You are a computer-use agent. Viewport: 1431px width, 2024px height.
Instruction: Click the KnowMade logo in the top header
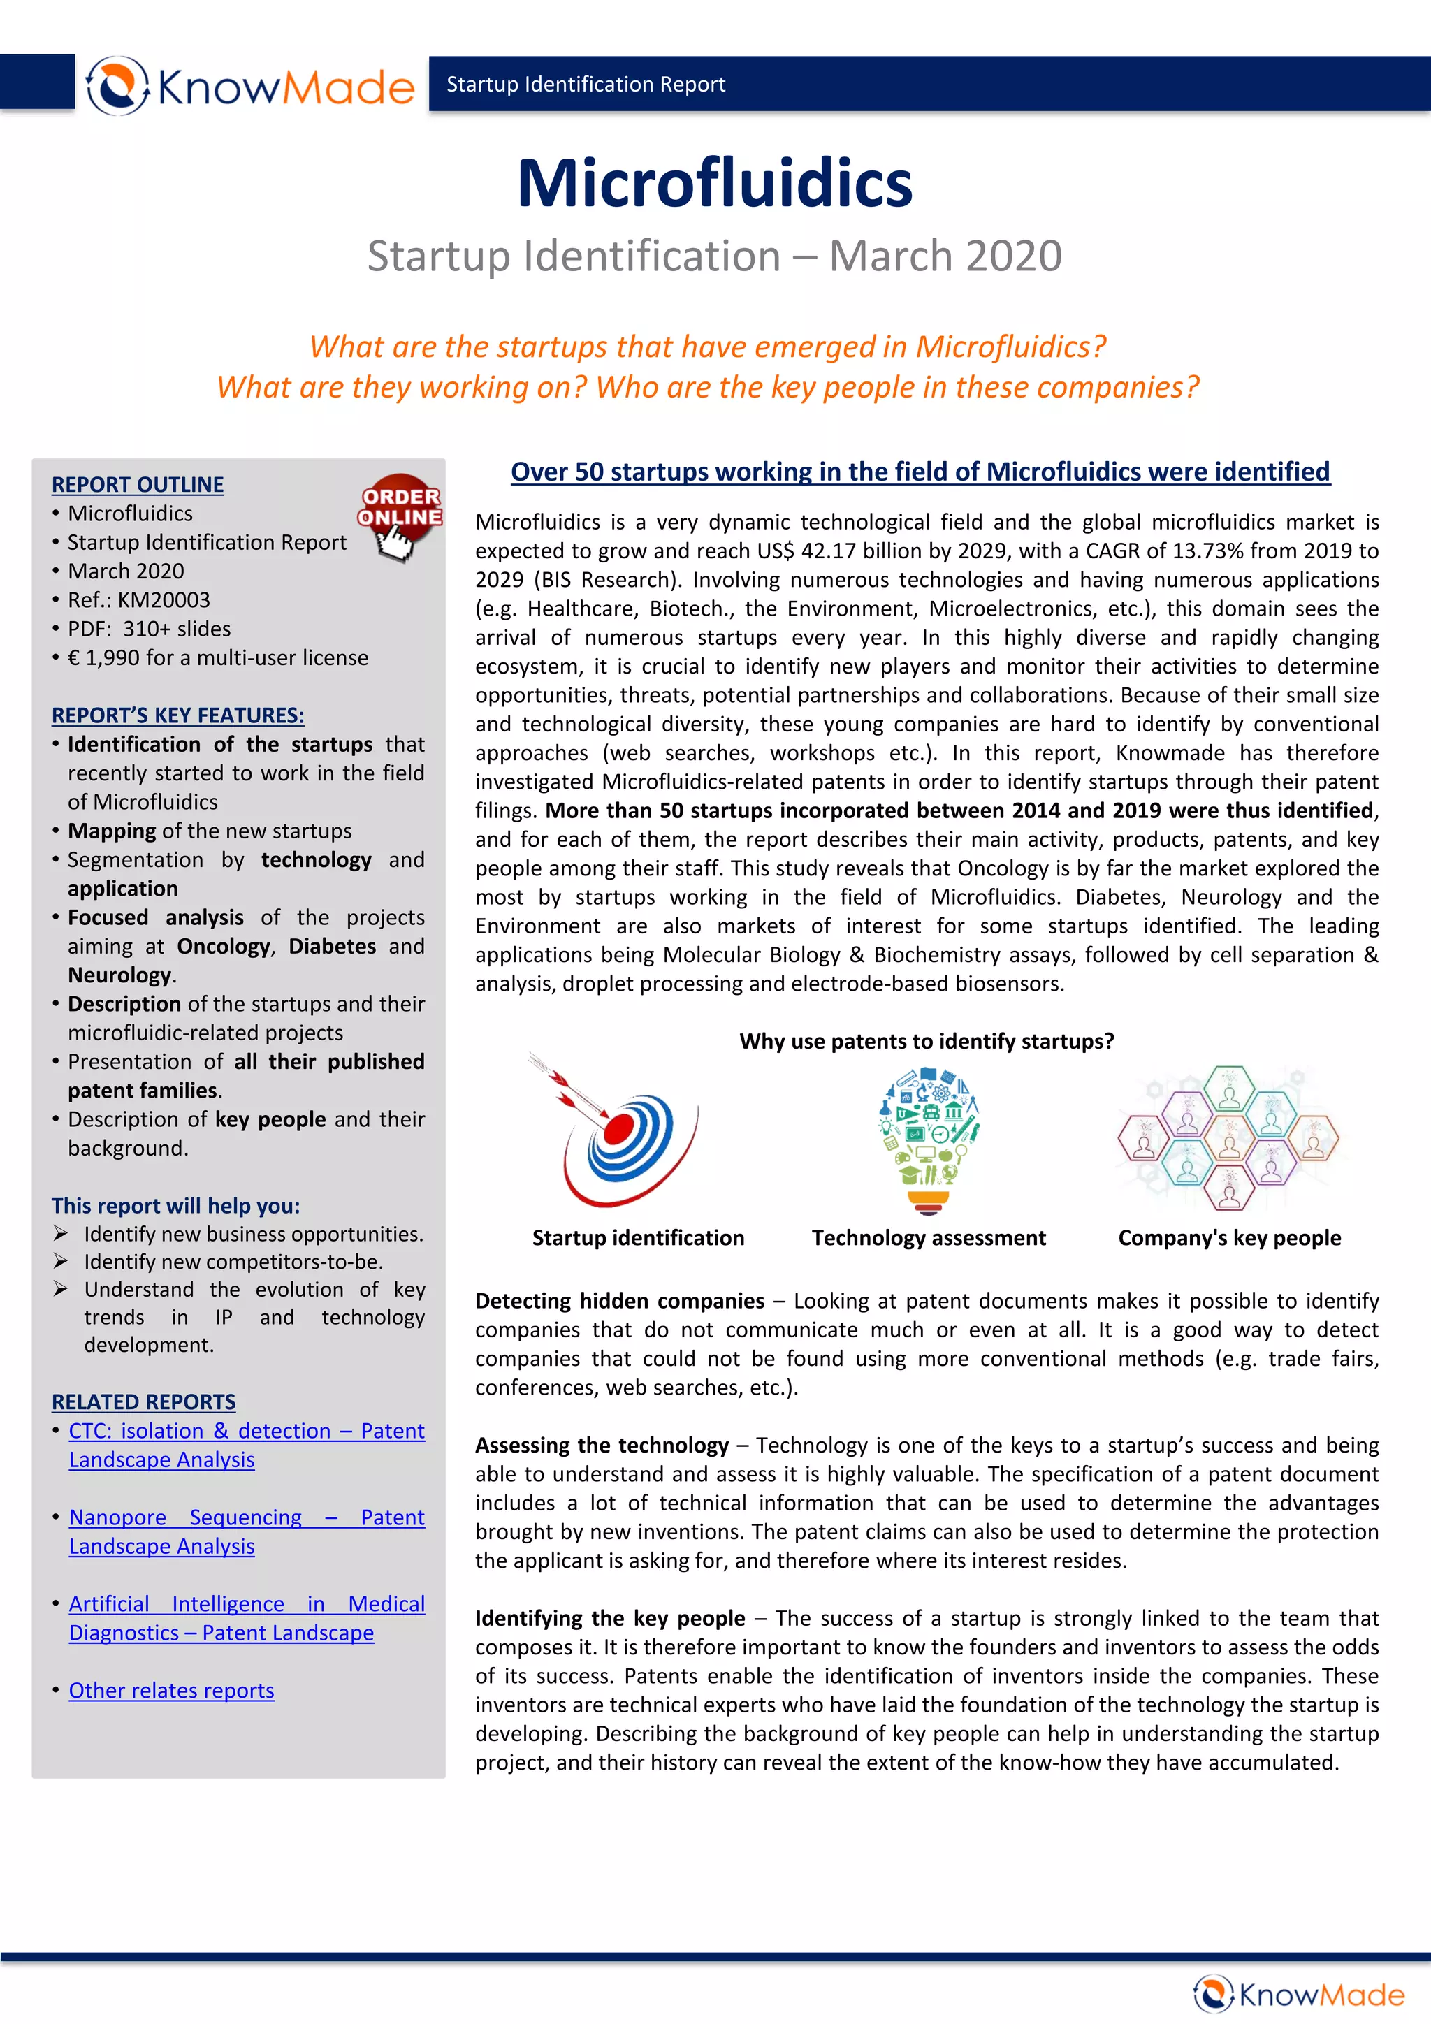coord(250,85)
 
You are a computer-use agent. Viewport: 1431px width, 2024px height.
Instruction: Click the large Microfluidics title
coord(714,183)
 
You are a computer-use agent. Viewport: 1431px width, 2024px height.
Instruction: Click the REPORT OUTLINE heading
coord(138,485)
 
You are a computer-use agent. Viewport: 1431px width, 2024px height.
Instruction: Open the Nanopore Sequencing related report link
coord(246,1532)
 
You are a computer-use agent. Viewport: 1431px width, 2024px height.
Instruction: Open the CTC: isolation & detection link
coord(246,1445)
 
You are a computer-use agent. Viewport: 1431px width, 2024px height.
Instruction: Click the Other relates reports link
coord(171,1691)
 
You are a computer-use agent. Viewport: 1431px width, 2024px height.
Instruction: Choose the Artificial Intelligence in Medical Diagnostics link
coord(246,1619)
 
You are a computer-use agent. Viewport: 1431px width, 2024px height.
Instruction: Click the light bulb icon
coord(929,1138)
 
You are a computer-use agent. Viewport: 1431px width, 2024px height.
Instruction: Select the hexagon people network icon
coord(1228,1137)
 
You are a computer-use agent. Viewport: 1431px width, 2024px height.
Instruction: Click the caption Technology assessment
coord(929,1239)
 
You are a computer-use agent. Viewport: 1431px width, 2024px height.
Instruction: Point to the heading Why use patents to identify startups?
coord(926,1042)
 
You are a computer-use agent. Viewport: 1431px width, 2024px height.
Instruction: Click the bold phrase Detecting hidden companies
coord(619,1301)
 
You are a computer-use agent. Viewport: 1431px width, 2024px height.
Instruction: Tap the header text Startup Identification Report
coord(586,85)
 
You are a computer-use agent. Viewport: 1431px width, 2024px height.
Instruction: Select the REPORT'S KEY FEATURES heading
coord(177,716)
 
